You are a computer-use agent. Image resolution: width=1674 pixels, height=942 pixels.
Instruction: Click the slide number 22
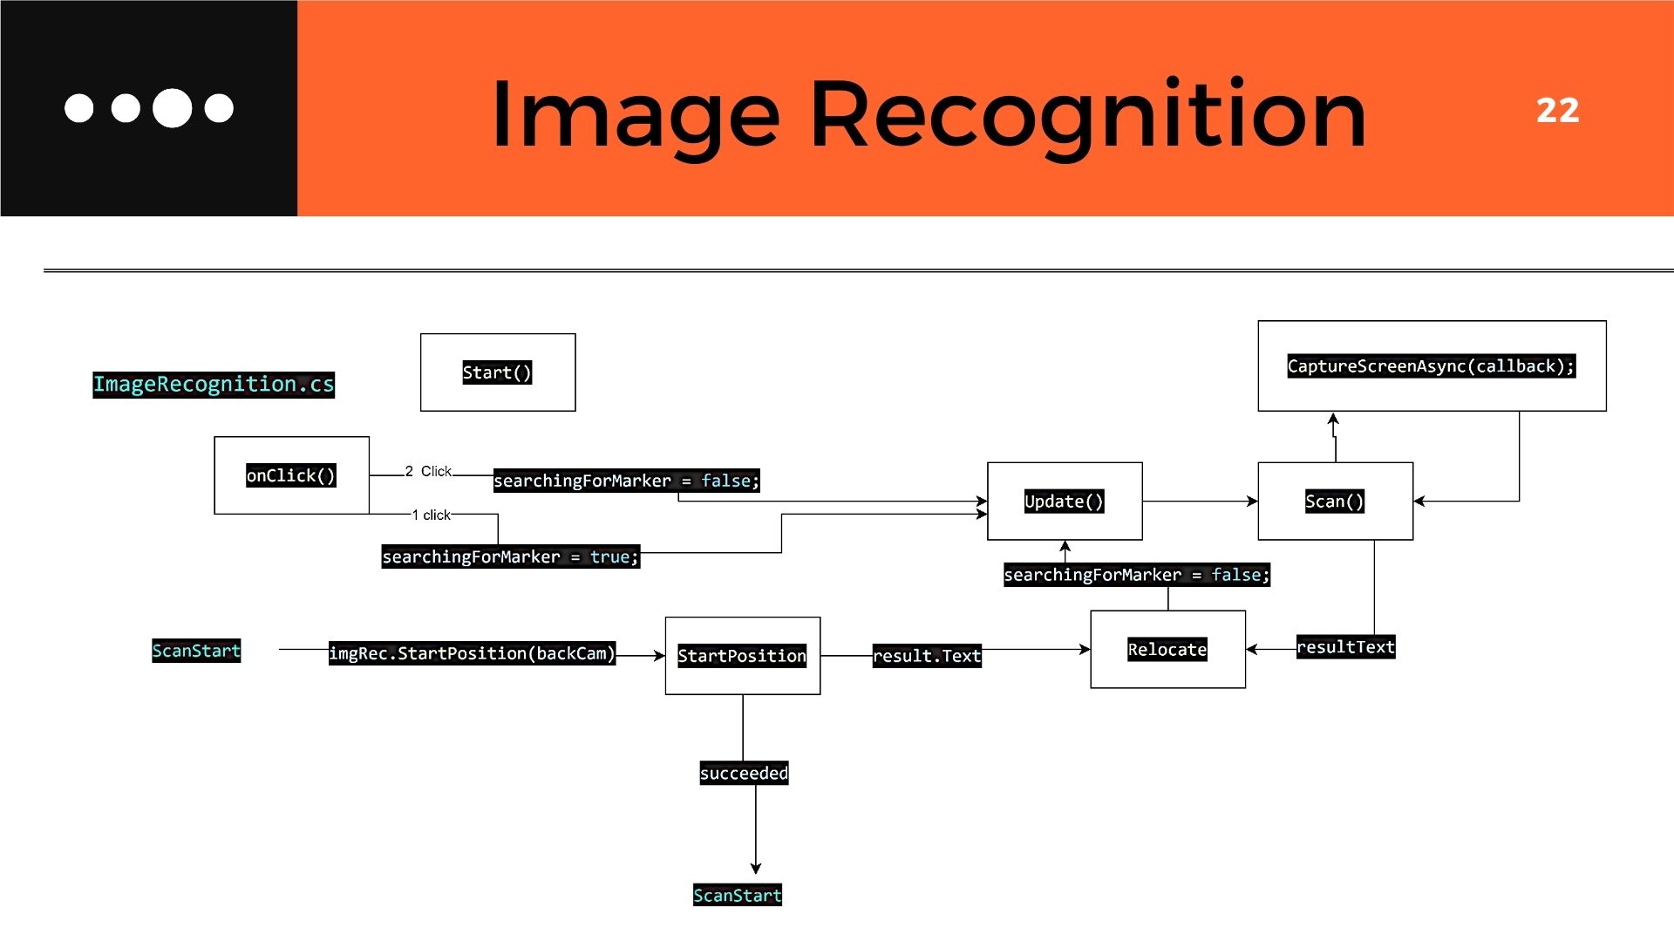[x=1557, y=111]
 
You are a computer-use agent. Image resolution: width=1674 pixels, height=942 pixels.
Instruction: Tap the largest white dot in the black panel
[x=172, y=108]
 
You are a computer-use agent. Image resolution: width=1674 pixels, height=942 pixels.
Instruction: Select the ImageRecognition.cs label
[x=214, y=385]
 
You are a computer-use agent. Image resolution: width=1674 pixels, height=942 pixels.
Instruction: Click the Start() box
[x=497, y=372]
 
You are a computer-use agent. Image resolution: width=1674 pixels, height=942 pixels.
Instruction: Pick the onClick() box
[x=291, y=475]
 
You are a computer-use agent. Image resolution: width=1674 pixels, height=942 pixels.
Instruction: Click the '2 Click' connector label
[x=428, y=472]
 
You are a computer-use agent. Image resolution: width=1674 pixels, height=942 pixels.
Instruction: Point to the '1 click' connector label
[x=432, y=515]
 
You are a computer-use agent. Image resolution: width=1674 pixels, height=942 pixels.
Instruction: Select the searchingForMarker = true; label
[x=510, y=556]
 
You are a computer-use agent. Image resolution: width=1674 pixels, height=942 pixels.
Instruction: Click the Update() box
[x=1064, y=502]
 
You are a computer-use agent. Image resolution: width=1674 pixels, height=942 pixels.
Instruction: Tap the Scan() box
[x=1334, y=502]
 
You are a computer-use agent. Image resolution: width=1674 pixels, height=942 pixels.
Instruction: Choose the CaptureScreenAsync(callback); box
[x=1431, y=366]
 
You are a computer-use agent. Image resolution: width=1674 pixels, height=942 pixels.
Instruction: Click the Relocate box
[x=1167, y=650]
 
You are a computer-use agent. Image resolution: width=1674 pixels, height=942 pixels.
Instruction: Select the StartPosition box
[x=742, y=656]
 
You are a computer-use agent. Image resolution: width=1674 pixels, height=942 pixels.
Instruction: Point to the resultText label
[x=1345, y=647]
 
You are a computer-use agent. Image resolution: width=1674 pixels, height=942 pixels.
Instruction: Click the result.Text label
[x=927, y=656]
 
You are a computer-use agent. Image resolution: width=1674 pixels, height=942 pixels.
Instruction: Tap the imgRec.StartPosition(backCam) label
[x=472, y=653]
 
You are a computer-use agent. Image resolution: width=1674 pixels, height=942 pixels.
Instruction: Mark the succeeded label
[x=744, y=774]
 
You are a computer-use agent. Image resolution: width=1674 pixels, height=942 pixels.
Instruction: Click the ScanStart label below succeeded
[x=737, y=896]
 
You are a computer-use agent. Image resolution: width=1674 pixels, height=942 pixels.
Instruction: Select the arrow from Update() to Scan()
[x=1200, y=502]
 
